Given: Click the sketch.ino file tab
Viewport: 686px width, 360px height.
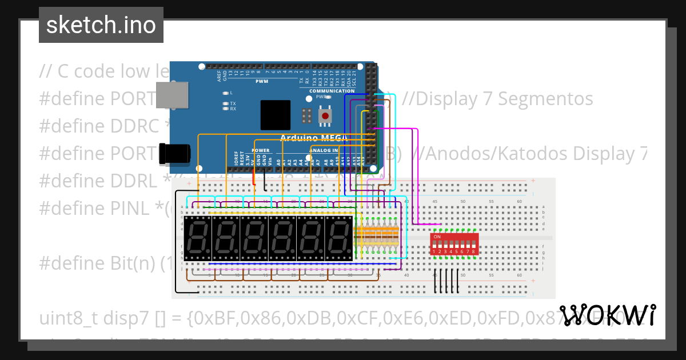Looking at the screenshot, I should [101, 25].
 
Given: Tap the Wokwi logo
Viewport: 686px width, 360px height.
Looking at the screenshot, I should [607, 315].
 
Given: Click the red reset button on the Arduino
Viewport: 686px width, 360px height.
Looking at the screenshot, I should [325, 116].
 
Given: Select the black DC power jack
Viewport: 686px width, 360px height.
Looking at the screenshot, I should [174, 153].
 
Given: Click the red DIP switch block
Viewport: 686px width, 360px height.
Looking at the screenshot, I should [454, 244].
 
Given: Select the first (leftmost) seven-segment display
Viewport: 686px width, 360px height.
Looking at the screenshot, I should [197, 238].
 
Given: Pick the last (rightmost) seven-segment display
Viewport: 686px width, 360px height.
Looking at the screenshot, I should [339, 238].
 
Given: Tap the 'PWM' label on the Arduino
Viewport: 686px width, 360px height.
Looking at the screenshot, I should [262, 81].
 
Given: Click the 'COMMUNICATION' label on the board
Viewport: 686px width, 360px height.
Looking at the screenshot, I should [332, 91].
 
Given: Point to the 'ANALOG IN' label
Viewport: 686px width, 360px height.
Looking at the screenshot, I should [324, 151].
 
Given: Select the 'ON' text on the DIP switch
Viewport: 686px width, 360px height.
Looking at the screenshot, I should [437, 237].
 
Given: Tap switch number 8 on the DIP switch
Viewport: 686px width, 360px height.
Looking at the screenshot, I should [473, 251].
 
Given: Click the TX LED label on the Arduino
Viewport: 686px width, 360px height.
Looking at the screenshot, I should [233, 103].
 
